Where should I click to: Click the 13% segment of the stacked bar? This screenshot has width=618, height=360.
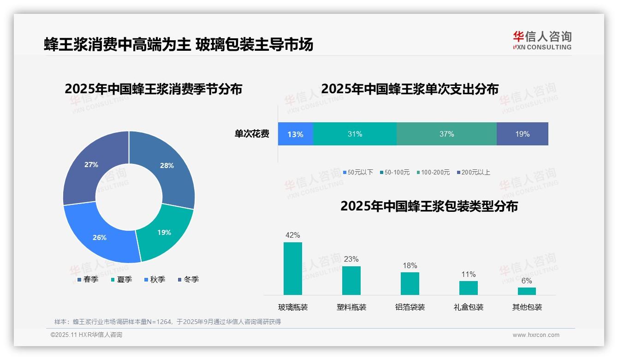tap(295, 134)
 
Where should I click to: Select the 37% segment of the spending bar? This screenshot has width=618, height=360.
tap(446, 134)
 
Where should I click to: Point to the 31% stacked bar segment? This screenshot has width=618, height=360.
tap(355, 134)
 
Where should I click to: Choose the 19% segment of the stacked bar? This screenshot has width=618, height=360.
tap(522, 134)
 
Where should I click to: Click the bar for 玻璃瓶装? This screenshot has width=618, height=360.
tap(292, 269)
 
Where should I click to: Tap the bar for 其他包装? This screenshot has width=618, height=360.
tap(527, 291)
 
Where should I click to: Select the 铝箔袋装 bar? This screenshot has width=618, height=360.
tap(410, 283)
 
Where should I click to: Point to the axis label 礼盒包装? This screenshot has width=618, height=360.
tap(468, 307)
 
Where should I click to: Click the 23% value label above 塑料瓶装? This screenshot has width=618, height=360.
tap(351, 259)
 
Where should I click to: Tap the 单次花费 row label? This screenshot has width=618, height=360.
tap(252, 134)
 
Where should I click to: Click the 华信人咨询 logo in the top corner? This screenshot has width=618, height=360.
tap(542, 40)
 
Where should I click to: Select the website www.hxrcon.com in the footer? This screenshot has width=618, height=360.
tap(536, 335)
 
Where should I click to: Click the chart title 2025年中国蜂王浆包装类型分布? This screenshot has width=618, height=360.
tap(429, 206)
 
